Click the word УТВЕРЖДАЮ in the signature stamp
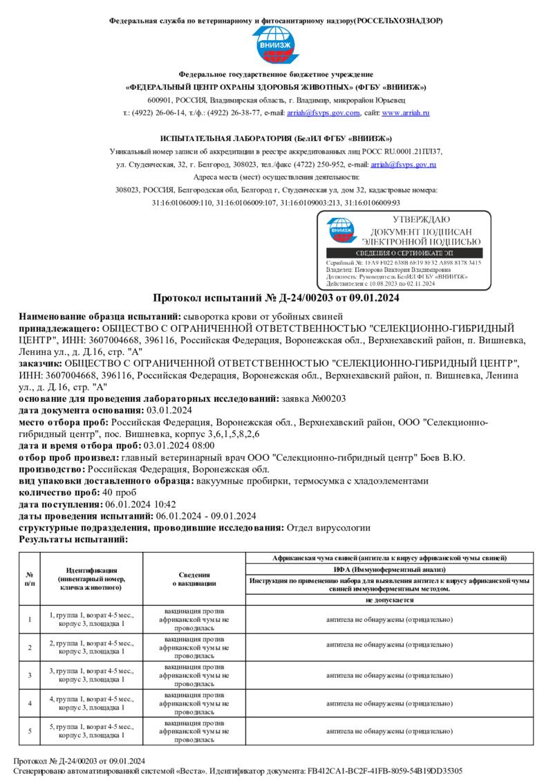(x=422, y=219)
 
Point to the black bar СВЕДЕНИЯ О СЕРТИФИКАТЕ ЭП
(x=404, y=254)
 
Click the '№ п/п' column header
(x=29, y=578)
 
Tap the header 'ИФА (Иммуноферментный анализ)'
(x=389, y=568)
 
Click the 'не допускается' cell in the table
(x=389, y=600)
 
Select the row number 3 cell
(x=29, y=674)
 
